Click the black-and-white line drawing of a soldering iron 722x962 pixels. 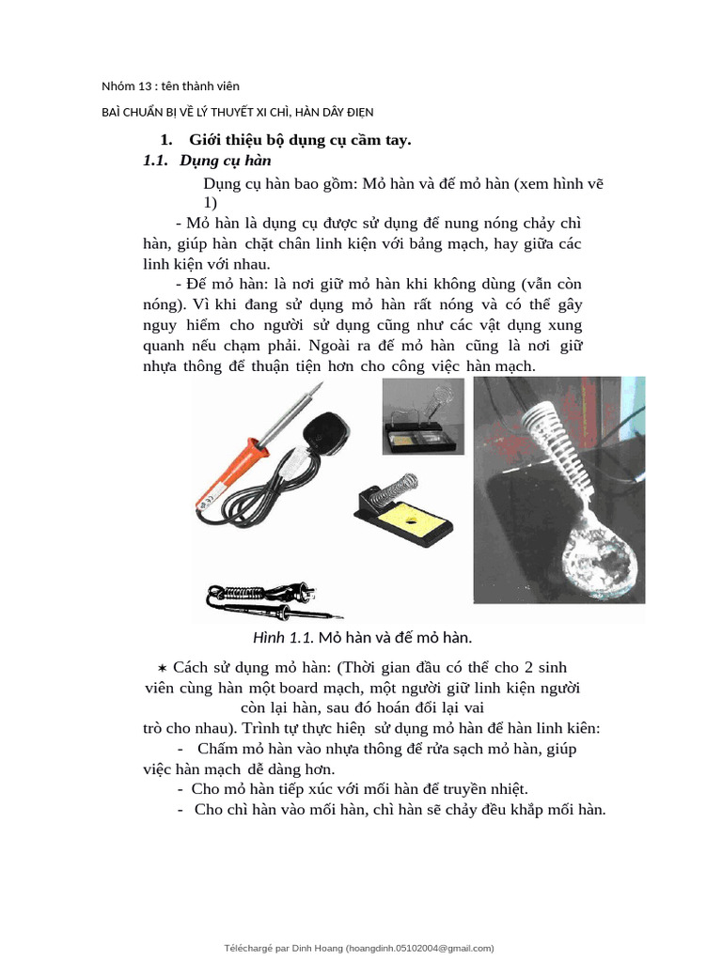[273, 599]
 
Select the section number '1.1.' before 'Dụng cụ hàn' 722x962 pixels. [155, 162]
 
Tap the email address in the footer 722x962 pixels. [418, 948]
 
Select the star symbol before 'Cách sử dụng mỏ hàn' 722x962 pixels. [162, 667]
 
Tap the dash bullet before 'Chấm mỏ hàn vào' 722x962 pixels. [180, 748]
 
